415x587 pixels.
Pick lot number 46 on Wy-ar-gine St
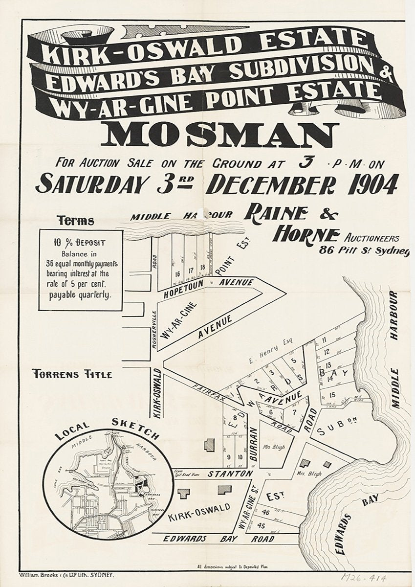pyautogui.click(x=265, y=513)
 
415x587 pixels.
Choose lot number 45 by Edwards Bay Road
pyautogui.click(x=261, y=526)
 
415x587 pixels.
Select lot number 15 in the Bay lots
pyautogui.click(x=333, y=395)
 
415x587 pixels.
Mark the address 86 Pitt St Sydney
pyautogui.click(x=364, y=251)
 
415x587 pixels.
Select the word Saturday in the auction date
pyautogui.click(x=90, y=185)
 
